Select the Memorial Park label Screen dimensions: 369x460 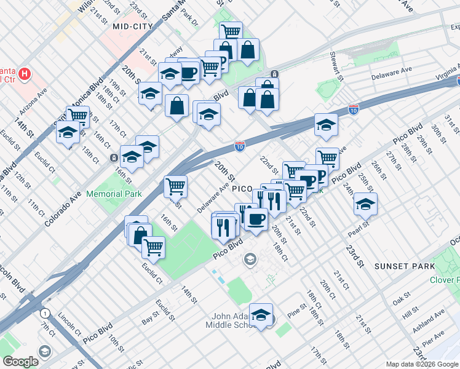(x=114, y=194)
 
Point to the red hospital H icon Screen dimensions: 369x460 (x=25, y=75)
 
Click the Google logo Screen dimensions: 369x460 (x=20, y=362)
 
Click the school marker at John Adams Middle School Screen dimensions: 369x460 (x=261, y=315)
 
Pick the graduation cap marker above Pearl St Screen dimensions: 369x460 (x=365, y=204)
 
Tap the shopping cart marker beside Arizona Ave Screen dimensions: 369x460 (x=78, y=116)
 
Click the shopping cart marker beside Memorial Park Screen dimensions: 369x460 (x=175, y=185)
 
